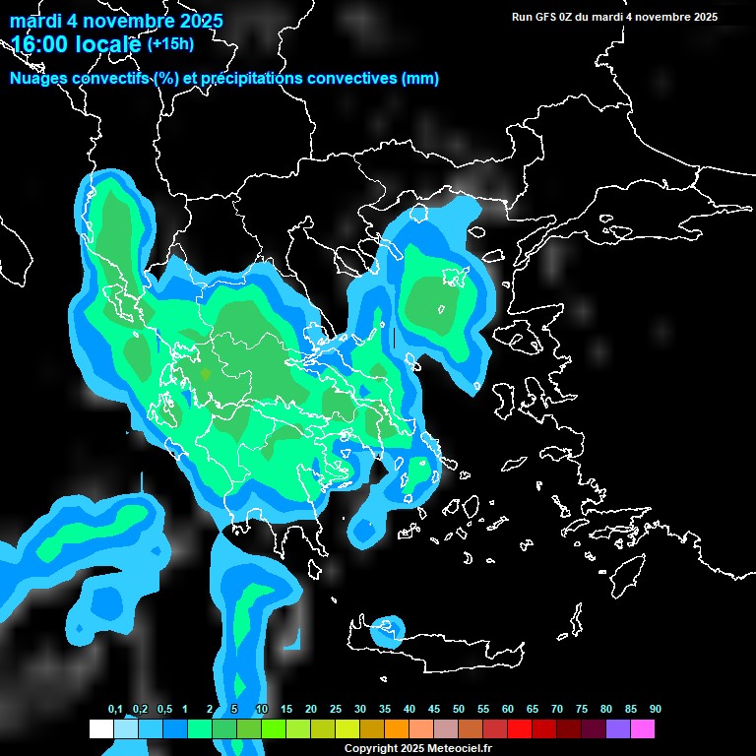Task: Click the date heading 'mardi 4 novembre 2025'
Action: click(x=116, y=21)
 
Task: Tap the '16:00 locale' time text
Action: click(x=77, y=43)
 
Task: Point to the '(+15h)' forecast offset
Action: click(x=170, y=43)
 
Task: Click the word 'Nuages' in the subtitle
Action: click(x=38, y=79)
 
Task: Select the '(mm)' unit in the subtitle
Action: click(x=420, y=79)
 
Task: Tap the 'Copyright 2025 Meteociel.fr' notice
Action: click(x=417, y=748)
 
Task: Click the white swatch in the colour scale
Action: click(x=100, y=729)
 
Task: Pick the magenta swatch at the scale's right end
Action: click(x=643, y=729)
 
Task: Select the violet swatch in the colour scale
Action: click(x=618, y=729)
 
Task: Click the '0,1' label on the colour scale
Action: click(x=115, y=710)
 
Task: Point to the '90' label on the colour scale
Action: click(x=655, y=710)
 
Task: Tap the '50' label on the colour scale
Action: click(x=459, y=710)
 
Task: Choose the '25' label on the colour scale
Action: click(x=336, y=710)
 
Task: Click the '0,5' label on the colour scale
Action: click(x=164, y=710)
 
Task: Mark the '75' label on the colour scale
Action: click(x=582, y=710)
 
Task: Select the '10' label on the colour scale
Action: click(x=262, y=710)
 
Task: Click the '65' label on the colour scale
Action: click(x=533, y=710)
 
